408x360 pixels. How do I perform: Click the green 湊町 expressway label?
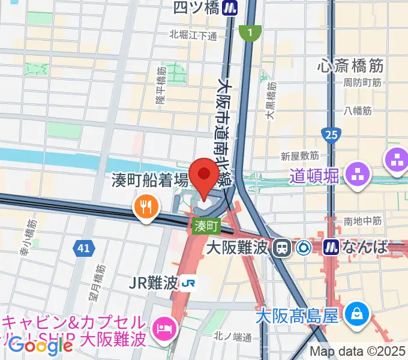tap(207, 226)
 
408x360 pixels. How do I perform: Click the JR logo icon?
tap(190, 283)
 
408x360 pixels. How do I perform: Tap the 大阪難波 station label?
tap(235, 247)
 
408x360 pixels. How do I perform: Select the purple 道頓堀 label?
tap(314, 176)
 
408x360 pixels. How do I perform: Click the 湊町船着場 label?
tap(150, 180)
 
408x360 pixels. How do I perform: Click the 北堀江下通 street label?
tap(193, 35)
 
